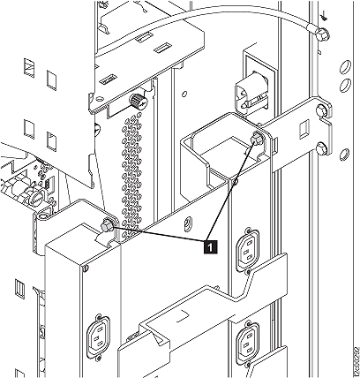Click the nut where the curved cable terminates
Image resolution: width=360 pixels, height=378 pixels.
coord(322,34)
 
